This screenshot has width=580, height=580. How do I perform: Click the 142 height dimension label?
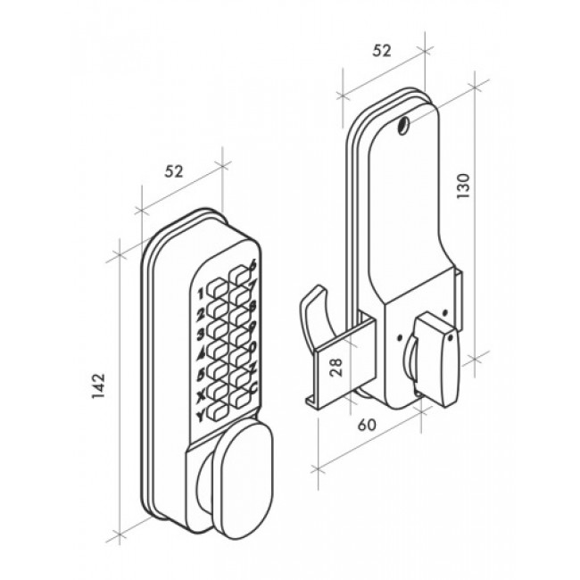99,386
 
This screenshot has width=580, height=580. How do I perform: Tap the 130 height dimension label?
463,186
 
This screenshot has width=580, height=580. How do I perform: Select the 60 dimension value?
367,425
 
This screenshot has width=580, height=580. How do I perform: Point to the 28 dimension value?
336,367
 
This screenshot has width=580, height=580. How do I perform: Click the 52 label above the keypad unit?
174,171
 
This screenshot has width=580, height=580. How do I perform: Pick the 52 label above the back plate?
381,51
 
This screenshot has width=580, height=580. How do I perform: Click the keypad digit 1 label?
201,294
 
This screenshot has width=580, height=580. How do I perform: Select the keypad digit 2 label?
201,314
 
